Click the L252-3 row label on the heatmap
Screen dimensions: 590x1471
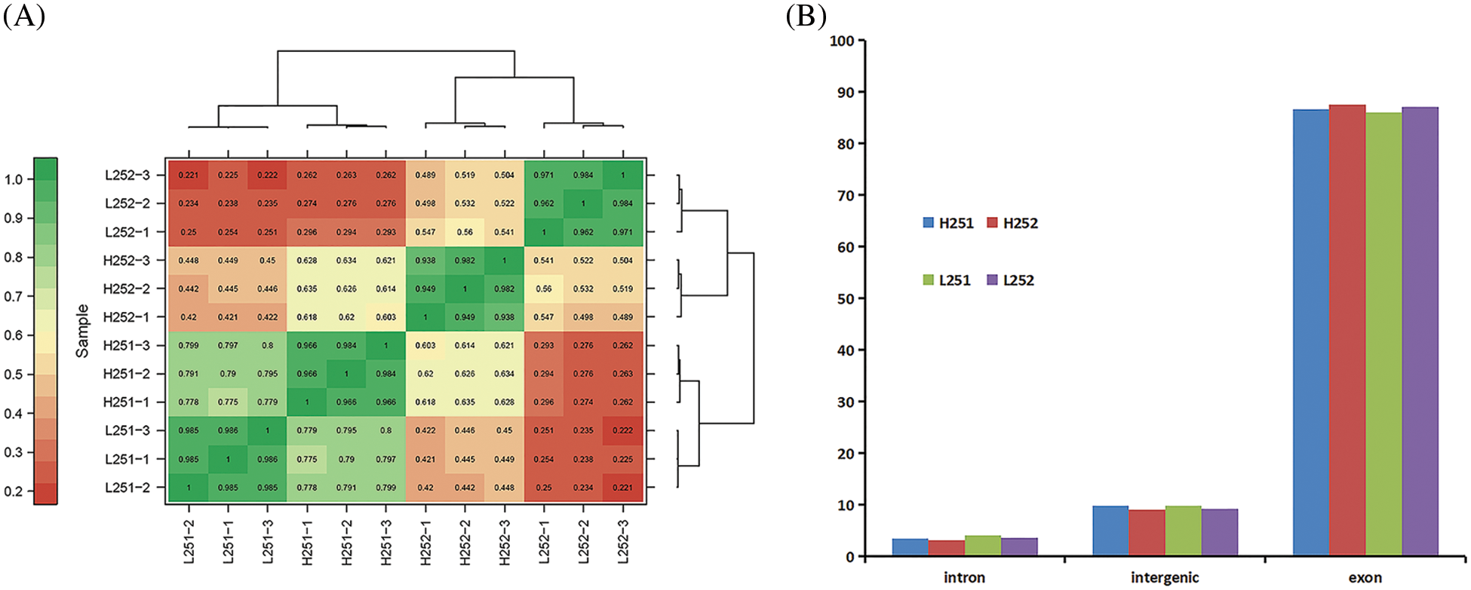click(x=127, y=175)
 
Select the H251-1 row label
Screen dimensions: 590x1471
click(x=127, y=402)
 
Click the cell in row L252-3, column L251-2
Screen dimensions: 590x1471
click(x=189, y=175)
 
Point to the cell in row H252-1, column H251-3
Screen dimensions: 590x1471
click(x=385, y=317)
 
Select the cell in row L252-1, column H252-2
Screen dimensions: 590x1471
click(x=465, y=232)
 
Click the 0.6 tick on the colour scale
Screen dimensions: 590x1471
click(x=14, y=335)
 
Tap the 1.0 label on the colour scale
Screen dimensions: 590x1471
click(x=14, y=179)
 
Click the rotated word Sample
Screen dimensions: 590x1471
click(x=82, y=331)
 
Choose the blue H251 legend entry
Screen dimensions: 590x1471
click(x=948, y=223)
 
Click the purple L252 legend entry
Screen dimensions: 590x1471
click(x=1011, y=280)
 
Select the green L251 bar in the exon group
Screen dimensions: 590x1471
click(x=1383, y=335)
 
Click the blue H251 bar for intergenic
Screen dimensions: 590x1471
click(x=1110, y=531)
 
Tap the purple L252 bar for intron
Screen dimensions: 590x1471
click(x=1019, y=547)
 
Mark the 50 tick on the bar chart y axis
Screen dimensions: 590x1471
click(x=844, y=299)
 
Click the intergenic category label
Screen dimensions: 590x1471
click(x=1165, y=578)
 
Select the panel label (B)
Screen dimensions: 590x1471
click(x=806, y=15)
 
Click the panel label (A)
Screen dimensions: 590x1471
click(x=24, y=15)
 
